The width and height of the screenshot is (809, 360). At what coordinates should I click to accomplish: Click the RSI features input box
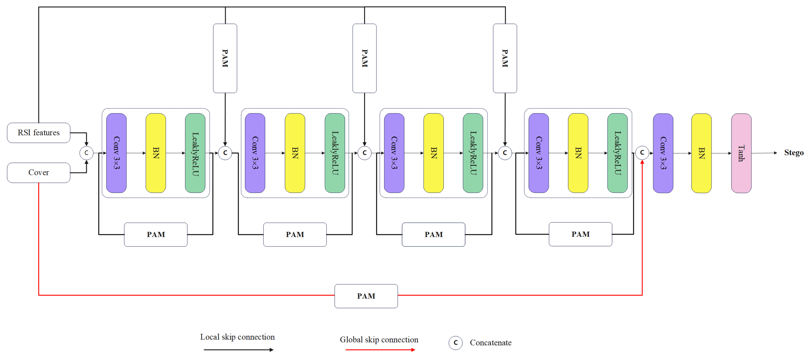coord(39,132)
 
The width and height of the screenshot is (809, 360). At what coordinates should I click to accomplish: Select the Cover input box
coord(39,173)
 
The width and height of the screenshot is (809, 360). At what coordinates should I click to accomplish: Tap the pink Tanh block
coord(741,153)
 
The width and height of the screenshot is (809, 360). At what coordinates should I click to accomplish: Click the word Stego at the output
coord(794,153)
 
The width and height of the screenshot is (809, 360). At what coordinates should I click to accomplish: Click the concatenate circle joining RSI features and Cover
coord(86,153)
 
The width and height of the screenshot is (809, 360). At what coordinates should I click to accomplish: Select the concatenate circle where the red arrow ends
coord(642,153)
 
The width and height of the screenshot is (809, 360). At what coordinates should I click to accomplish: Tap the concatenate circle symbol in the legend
coord(455,343)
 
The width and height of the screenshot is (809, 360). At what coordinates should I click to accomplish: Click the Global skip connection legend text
coord(379,340)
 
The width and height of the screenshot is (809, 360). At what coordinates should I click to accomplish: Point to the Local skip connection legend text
coord(237,337)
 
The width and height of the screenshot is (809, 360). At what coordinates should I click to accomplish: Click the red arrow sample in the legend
coord(380,350)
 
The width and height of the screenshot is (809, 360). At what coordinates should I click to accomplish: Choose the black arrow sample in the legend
coord(238,350)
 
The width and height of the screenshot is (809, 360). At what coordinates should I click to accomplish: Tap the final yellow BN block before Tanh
coord(701,153)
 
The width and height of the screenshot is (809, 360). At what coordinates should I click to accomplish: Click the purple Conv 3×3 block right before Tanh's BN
coord(663,153)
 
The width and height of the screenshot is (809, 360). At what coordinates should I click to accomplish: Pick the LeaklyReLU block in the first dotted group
coord(195,153)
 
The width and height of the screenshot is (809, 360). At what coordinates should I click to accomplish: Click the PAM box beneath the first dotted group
coord(156,234)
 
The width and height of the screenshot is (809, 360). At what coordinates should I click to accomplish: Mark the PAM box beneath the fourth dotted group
coord(580,234)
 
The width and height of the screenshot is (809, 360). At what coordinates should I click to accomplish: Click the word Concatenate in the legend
coord(491,343)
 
